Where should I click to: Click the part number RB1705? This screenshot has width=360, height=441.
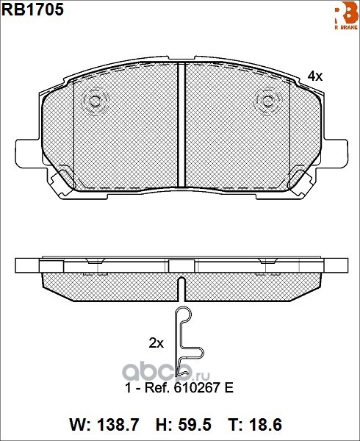click(x=33, y=10)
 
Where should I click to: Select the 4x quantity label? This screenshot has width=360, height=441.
click(x=314, y=76)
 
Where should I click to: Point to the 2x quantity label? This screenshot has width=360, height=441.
click(x=156, y=343)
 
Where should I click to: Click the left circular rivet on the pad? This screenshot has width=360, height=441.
click(x=96, y=101)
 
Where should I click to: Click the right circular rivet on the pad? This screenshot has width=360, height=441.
click(x=268, y=101)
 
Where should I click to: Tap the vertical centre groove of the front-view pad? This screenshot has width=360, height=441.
click(x=181, y=125)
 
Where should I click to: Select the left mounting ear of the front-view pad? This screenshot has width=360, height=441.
click(x=28, y=154)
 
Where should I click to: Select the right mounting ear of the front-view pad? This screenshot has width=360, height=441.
click(x=335, y=154)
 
